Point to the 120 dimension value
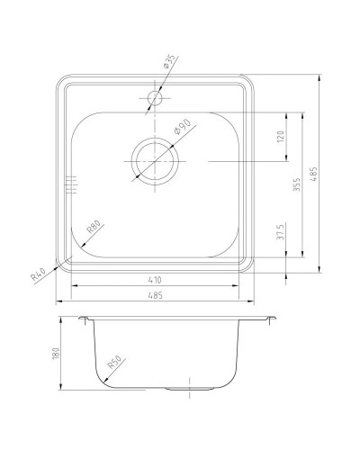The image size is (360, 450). [x=281, y=137]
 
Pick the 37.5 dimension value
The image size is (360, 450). [x=281, y=233]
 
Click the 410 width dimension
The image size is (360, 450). [x=156, y=281]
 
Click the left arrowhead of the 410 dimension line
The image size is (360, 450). [x=74, y=287]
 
